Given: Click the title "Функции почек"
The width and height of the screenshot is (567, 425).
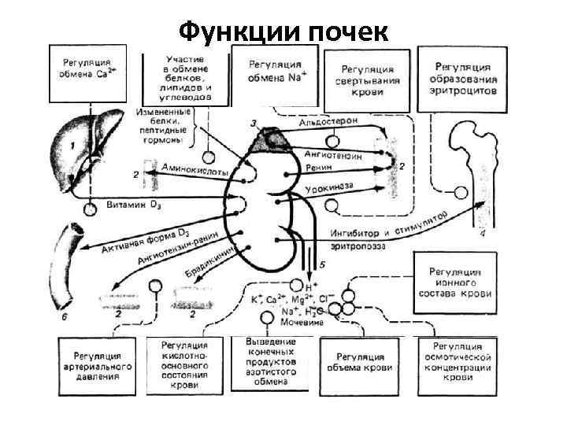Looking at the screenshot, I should click(x=283, y=31).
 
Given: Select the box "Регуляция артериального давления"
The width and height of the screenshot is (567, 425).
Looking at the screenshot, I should click(x=97, y=364).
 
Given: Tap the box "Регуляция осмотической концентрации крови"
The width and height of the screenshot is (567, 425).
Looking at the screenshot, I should click(x=462, y=363).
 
